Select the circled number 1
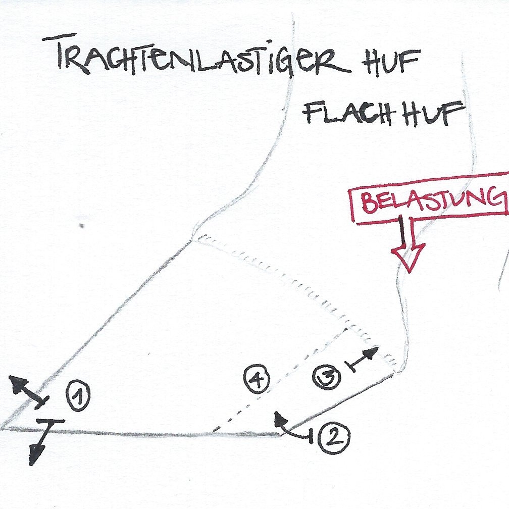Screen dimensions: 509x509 coord(78,396)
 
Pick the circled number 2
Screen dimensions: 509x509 coord(334,436)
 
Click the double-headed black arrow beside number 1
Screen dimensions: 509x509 coord(28,392)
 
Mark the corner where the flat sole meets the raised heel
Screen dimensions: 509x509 coord(279,434)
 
